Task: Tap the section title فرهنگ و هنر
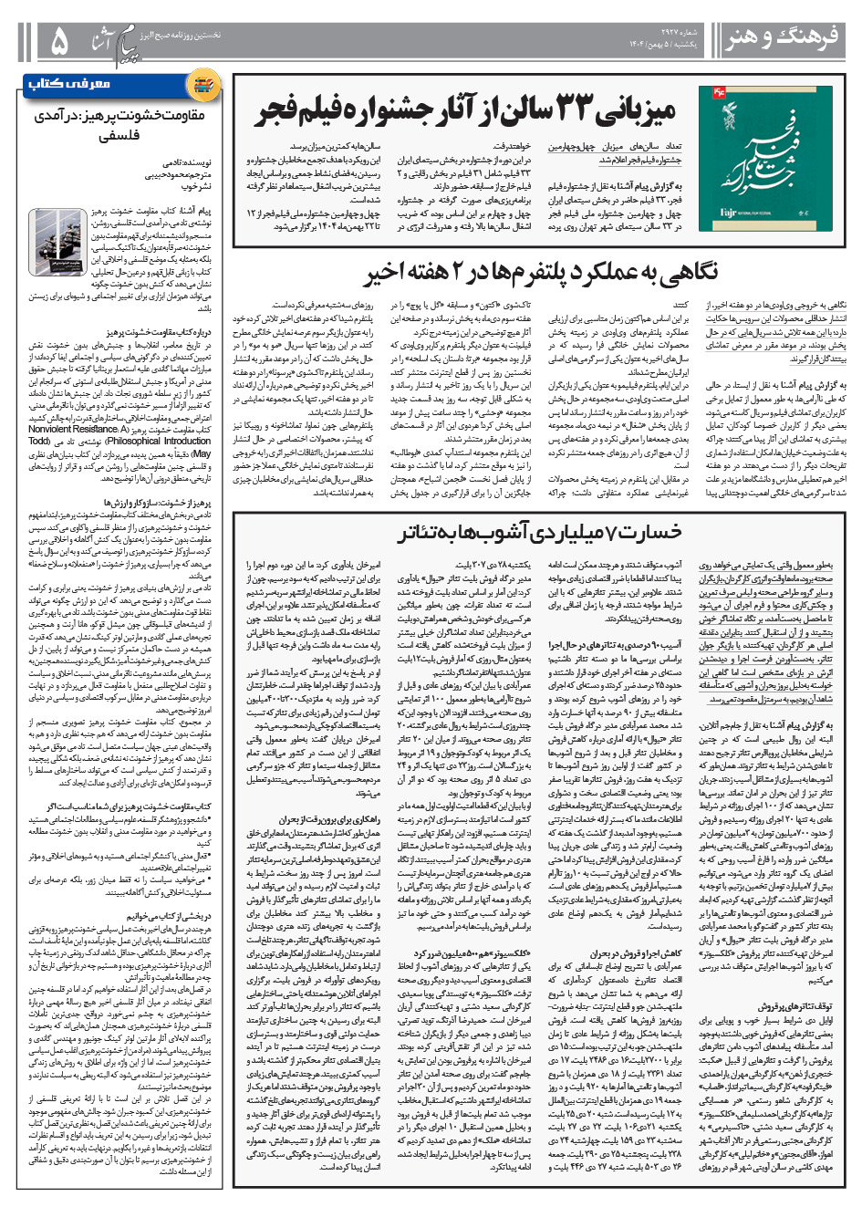point(782,39)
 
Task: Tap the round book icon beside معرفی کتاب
point(203,85)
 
